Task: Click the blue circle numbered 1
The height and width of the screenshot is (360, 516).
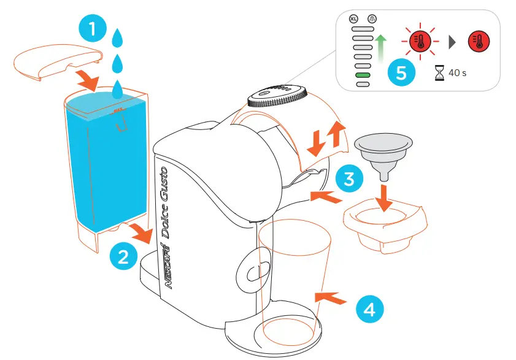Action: (92, 29)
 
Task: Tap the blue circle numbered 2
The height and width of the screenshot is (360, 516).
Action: (123, 255)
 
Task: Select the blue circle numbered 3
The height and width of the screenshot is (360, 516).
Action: (347, 179)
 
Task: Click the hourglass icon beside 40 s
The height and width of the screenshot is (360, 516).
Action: (438, 73)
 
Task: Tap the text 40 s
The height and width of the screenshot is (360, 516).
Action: (457, 73)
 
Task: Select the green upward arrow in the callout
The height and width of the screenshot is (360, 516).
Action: (380, 48)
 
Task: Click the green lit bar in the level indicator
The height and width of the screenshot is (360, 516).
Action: (363, 75)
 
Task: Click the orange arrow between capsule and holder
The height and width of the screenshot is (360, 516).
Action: (383, 197)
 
